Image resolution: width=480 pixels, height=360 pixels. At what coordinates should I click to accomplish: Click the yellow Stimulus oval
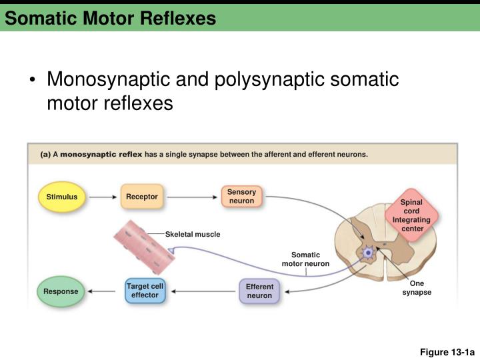[61, 197]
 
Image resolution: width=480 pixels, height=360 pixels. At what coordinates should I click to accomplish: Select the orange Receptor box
[141, 197]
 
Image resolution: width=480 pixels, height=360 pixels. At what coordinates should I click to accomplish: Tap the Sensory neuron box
[241, 196]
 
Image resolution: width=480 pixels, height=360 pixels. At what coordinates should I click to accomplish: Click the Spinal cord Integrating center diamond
[411, 215]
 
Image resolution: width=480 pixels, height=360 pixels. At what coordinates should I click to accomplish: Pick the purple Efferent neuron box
[259, 291]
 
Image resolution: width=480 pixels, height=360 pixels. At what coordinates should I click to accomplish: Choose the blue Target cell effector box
[145, 290]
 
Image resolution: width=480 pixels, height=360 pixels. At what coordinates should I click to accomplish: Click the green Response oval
[61, 291]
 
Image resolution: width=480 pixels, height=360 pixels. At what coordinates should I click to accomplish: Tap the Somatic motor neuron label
[305, 259]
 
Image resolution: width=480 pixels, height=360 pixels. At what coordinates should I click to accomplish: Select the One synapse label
[417, 288]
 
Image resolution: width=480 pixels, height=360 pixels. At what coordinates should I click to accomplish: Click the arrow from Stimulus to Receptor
[103, 197]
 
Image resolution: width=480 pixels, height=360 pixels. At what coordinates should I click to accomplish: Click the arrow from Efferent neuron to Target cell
[202, 291]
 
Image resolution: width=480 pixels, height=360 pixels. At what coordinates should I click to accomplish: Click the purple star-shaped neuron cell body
[367, 253]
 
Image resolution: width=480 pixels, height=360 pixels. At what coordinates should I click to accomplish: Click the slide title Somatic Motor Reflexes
[110, 19]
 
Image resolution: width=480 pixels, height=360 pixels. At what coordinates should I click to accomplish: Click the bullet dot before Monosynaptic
[32, 81]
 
